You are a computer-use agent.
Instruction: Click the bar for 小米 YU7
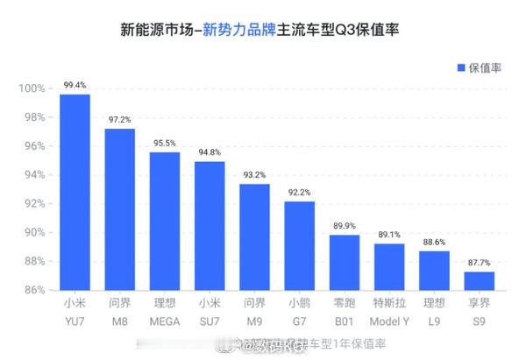coord(75,192)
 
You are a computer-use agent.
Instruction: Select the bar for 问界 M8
coord(120,208)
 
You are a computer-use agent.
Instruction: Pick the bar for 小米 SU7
coord(210,225)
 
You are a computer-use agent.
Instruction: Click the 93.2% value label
coord(254,175)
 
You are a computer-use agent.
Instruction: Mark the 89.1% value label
coord(388,235)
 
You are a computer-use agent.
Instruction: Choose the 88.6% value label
coord(433,243)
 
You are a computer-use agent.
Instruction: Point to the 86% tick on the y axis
coord(32,290)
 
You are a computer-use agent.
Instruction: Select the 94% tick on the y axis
coord(32,175)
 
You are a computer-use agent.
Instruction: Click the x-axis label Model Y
coord(388,321)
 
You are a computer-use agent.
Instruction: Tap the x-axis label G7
coord(299,321)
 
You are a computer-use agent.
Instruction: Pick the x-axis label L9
coord(433,321)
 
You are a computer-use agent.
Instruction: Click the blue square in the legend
coord(459,67)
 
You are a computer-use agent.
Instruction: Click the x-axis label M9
coord(254,321)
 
